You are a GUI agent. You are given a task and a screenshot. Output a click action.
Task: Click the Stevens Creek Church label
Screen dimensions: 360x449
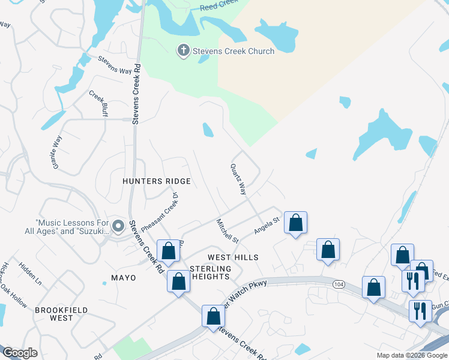pyautogui.click(x=233, y=51)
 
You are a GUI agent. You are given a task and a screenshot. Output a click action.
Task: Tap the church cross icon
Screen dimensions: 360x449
pyautogui.click(x=183, y=51)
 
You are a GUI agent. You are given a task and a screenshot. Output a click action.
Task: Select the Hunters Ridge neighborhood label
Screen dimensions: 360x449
pyautogui.click(x=156, y=181)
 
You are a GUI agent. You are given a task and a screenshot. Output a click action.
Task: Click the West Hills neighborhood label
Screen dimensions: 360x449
pyautogui.click(x=233, y=257)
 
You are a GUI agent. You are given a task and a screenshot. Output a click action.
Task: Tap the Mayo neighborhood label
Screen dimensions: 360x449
pyautogui.click(x=124, y=278)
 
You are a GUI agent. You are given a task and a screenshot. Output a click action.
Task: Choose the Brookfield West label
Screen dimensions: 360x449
pyautogui.click(x=61, y=314)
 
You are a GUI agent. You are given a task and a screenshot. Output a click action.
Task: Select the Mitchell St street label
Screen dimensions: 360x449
pyautogui.click(x=228, y=231)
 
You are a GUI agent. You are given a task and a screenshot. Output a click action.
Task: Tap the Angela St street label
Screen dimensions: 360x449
pyautogui.click(x=267, y=225)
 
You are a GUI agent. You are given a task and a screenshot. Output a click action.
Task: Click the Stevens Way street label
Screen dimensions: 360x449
pyautogui.click(x=115, y=65)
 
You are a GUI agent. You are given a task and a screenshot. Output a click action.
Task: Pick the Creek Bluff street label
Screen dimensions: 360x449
pyautogui.click(x=98, y=103)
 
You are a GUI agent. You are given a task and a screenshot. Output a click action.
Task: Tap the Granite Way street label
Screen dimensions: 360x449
pyautogui.click(x=58, y=152)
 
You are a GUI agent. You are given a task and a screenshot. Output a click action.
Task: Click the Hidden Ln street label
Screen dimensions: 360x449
pyautogui.click(x=30, y=272)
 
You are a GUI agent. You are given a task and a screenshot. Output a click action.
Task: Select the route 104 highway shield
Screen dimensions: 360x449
pyautogui.click(x=339, y=284)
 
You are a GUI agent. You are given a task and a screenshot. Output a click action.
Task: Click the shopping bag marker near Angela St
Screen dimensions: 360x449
pyautogui.click(x=295, y=223)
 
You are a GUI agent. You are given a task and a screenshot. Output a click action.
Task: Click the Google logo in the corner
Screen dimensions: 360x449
pyautogui.click(x=20, y=353)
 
